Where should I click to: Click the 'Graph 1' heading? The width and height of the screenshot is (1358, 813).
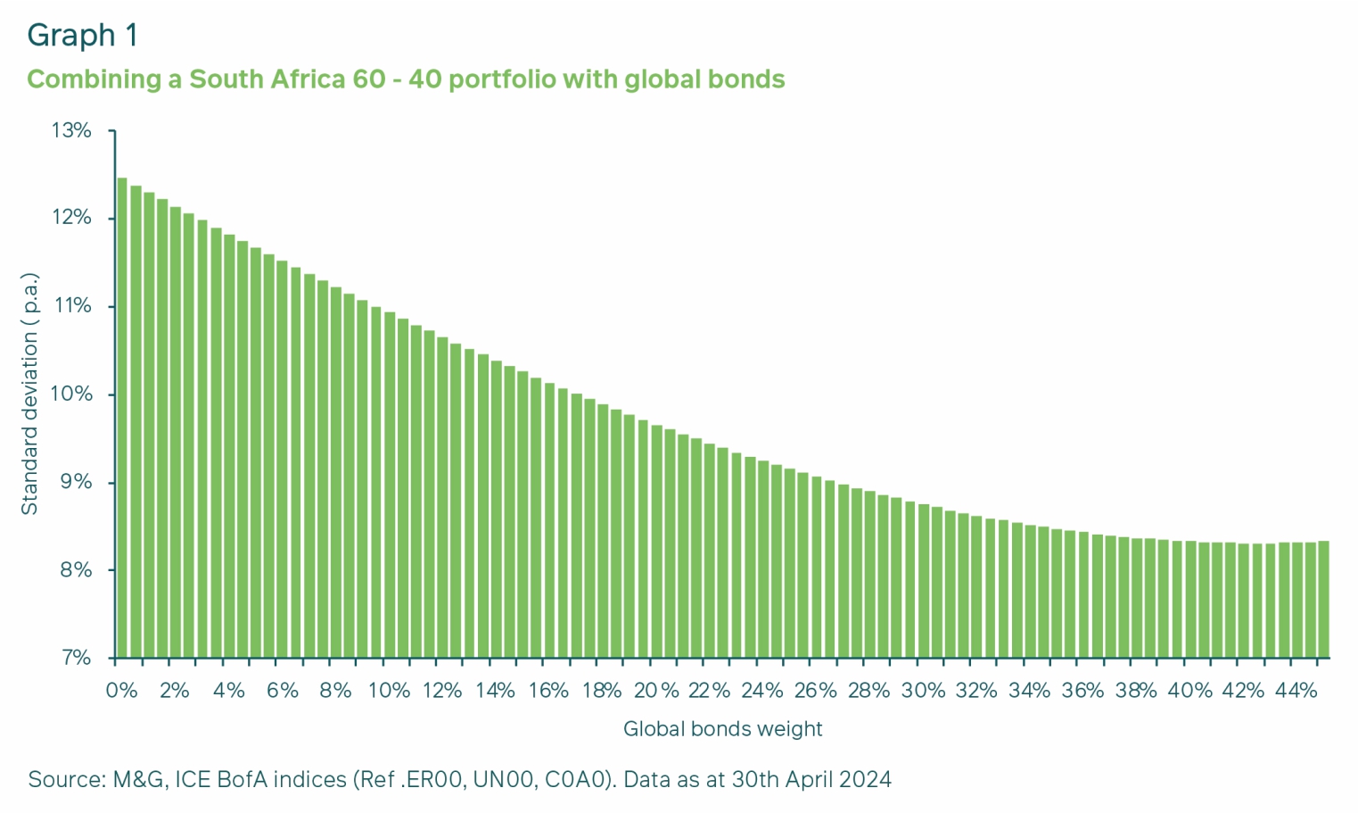(83, 35)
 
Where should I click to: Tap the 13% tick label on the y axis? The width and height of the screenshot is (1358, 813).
(71, 131)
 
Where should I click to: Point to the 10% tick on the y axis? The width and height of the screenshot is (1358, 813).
(71, 394)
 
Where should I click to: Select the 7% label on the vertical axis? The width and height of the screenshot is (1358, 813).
(75, 658)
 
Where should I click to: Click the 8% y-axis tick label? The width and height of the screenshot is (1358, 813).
(75, 570)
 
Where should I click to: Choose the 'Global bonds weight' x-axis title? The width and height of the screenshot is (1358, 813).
(722, 729)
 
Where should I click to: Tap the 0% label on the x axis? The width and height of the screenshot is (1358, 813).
(121, 691)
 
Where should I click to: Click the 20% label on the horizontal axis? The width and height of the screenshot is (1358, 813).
(656, 691)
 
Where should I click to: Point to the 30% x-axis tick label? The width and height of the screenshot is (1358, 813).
(923, 691)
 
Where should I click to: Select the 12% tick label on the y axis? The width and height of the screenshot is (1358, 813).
(71, 219)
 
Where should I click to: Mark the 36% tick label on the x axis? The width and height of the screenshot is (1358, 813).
(1082, 691)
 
